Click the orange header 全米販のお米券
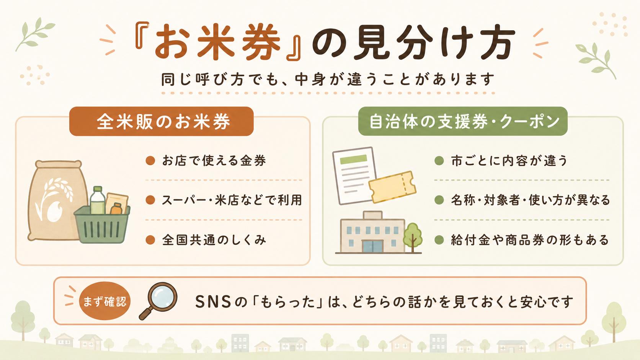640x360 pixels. point(162,121)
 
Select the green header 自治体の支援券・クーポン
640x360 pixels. point(463,121)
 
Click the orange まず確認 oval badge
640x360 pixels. point(104,301)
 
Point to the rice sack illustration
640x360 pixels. point(57,200)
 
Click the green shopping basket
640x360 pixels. point(102,225)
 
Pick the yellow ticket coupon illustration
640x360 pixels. point(392,187)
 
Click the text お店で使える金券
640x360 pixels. point(214,161)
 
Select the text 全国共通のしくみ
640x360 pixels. point(214,240)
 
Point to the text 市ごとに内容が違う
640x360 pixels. point(509,161)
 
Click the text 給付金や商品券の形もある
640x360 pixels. point(530,240)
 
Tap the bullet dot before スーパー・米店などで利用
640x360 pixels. point(150,200)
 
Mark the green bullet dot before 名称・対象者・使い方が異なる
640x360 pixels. point(439,200)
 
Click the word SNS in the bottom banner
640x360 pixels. point(213,302)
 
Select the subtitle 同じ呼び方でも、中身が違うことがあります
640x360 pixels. point(328,79)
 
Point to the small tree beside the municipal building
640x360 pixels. point(412,237)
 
